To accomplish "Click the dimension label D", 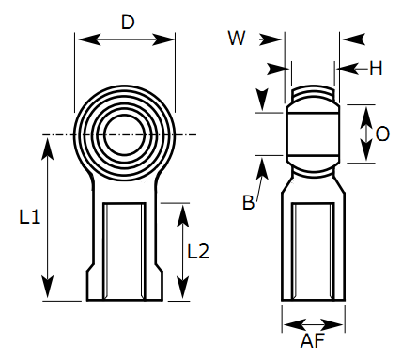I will click(127, 22).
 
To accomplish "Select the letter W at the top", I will click(237, 38).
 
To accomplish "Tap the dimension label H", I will click(376, 68).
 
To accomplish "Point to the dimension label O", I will click(381, 134).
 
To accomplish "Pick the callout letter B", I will click(248, 203).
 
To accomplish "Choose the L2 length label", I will click(198, 251).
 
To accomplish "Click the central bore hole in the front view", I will click(125, 131).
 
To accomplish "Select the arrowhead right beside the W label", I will click(275, 39).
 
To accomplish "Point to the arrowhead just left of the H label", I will click(344, 69).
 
